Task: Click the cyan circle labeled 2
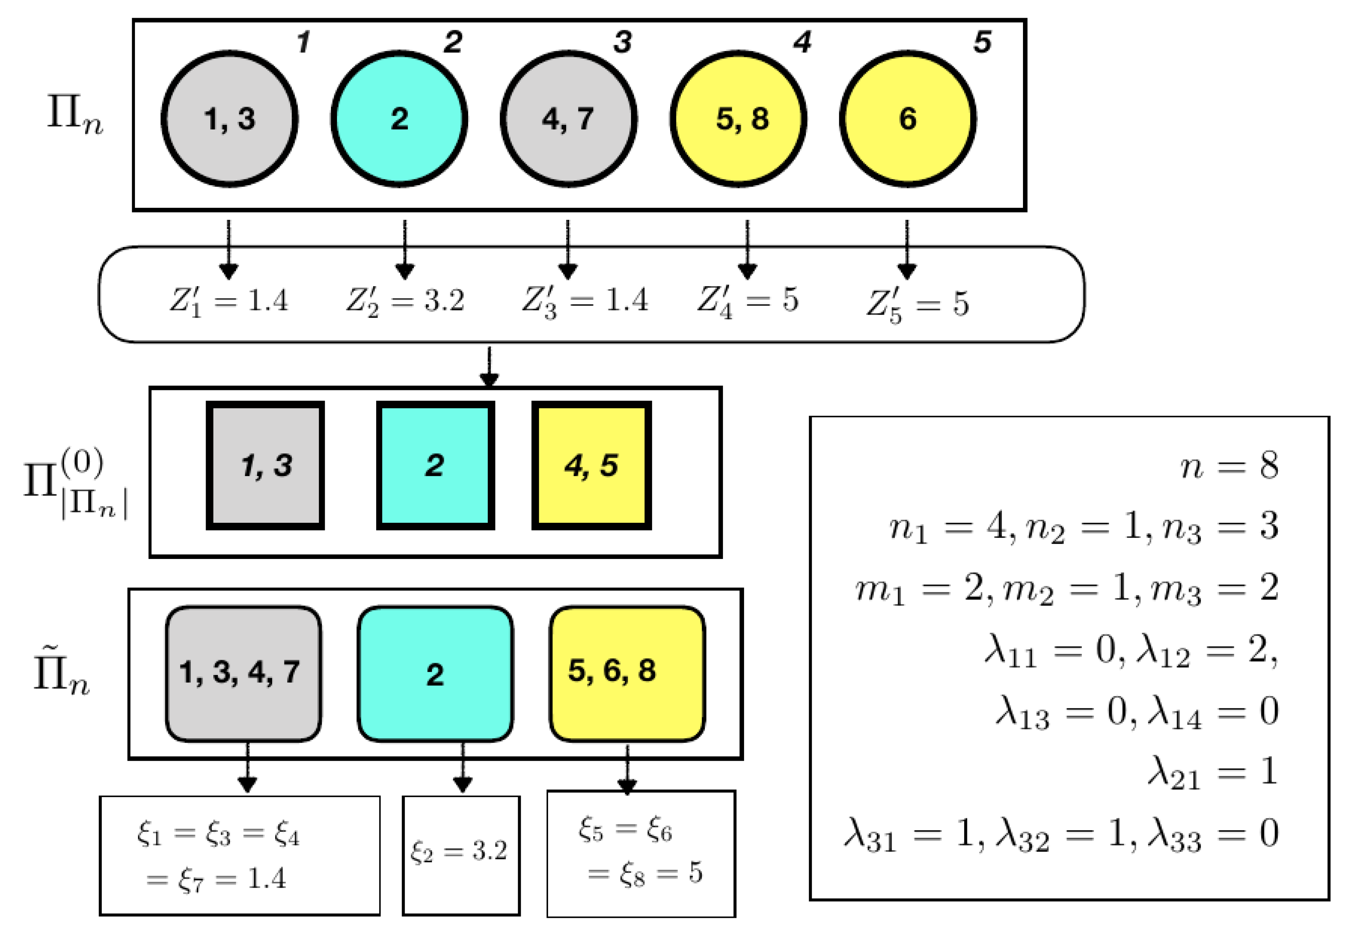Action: coord(399,119)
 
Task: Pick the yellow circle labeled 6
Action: coord(908,119)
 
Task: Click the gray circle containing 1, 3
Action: coord(229,119)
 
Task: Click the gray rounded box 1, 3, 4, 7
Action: coord(243,673)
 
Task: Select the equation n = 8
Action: coord(1229,466)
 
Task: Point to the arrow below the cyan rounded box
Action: coord(463,768)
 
